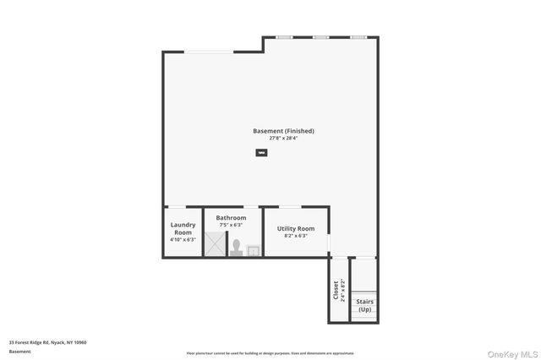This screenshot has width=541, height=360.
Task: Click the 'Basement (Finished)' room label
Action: (x=283, y=131)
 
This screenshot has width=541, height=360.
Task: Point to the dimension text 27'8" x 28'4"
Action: (x=283, y=138)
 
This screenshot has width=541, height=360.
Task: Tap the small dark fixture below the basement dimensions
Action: (x=261, y=153)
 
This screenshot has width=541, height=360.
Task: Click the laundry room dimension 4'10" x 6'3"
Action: (x=183, y=240)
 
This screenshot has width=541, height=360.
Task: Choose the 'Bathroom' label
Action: (x=231, y=218)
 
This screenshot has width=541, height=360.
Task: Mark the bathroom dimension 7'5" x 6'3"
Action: (x=231, y=225)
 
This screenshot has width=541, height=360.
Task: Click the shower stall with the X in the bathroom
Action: (x=216, y=245)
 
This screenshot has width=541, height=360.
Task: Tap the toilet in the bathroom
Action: (x=238, y=248)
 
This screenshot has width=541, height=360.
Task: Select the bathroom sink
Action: (x=253, y=249)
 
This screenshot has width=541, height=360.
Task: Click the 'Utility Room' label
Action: (x=296, y=228)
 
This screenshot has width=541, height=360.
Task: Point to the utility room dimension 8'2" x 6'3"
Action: (x=296, y=236)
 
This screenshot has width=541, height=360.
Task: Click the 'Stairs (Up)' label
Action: (x=364, y=305)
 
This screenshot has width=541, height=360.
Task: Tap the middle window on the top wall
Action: (x=321, y=37)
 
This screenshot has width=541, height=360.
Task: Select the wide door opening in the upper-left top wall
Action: (x=210, y=52)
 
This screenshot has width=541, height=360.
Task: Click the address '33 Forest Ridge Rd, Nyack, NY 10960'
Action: (x=47, y=342)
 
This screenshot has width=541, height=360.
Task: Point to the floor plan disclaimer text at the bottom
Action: (x=270, y=353)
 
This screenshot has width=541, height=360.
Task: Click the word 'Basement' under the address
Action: (x=19, y=351)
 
